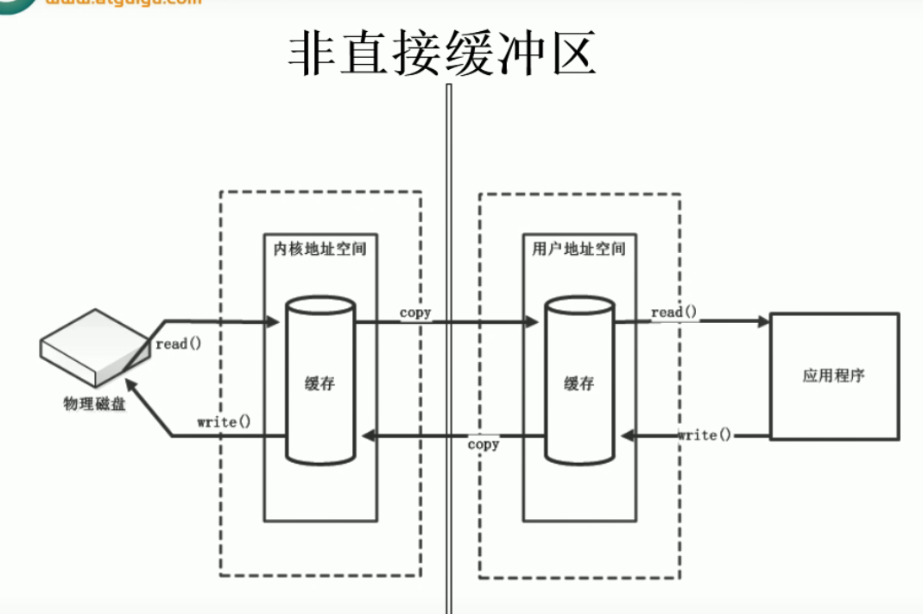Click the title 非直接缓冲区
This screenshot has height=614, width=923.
[x=442, y=55]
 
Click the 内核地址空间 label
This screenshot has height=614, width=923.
[x=319, y=249]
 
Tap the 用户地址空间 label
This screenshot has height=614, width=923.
[x=578, y=249]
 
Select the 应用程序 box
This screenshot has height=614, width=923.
[x=834, y=376]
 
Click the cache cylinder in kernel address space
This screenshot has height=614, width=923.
[x=320, y=380]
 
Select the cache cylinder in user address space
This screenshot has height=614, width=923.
[x=579, y=380]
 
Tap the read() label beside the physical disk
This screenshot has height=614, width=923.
[x=178, y=344]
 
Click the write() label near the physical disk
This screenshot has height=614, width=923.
[x=224, y=422]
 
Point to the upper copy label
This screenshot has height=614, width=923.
[x=415, y=312]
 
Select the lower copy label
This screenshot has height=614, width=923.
[x=484, y=444]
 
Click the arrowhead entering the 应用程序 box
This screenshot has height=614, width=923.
[x=763, y=322]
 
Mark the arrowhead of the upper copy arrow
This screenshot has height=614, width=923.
[x=531, y=322]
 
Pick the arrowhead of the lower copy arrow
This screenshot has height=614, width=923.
[x=368, y=436]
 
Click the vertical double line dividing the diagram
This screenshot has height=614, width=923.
[x=448, y=345]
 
